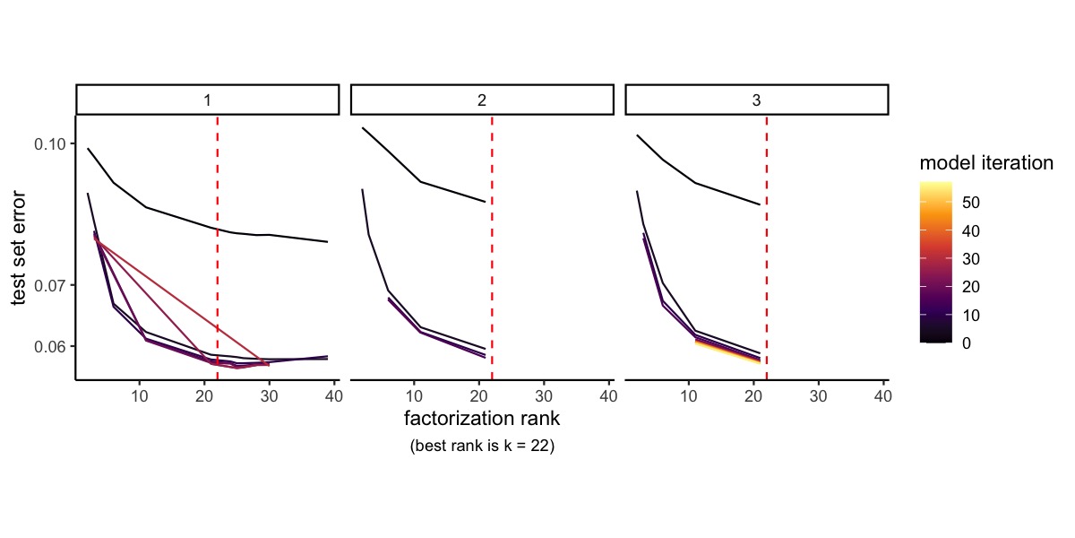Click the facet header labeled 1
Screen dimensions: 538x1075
tap(208, 100)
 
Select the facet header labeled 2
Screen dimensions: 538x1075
tap(482, 100)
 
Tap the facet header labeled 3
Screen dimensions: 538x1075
tap(756, 100)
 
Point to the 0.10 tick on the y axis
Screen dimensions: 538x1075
tap(50, 143)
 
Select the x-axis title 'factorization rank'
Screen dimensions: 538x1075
tap(482, 418)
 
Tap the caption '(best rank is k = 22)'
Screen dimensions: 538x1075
tap(482, 446)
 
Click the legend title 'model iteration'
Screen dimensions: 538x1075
tap(985, 163)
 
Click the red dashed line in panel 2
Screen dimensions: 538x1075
tap(492, 269)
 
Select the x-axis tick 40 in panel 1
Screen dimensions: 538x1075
tap(334, 395)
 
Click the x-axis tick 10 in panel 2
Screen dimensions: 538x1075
tap(414, 395)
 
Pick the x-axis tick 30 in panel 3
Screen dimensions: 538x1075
tap(818, 395)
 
